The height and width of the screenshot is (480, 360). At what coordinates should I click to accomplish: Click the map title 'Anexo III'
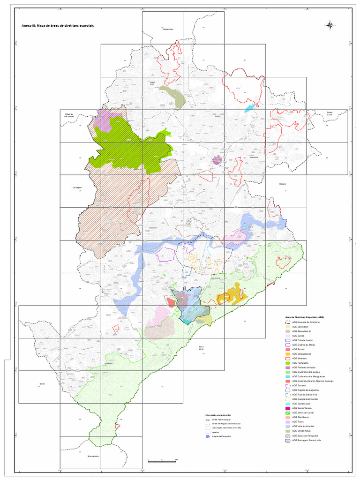click(x=54, y=26)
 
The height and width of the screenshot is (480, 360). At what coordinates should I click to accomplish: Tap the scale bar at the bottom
click(x=162, y=462)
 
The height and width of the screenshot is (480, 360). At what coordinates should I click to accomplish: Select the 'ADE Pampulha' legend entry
click(x=300, y=363)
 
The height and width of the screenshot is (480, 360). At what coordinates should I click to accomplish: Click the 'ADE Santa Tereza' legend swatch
click(x=288, y=408)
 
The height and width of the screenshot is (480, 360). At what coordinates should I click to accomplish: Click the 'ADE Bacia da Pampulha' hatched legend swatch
click(x=288, y=435)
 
